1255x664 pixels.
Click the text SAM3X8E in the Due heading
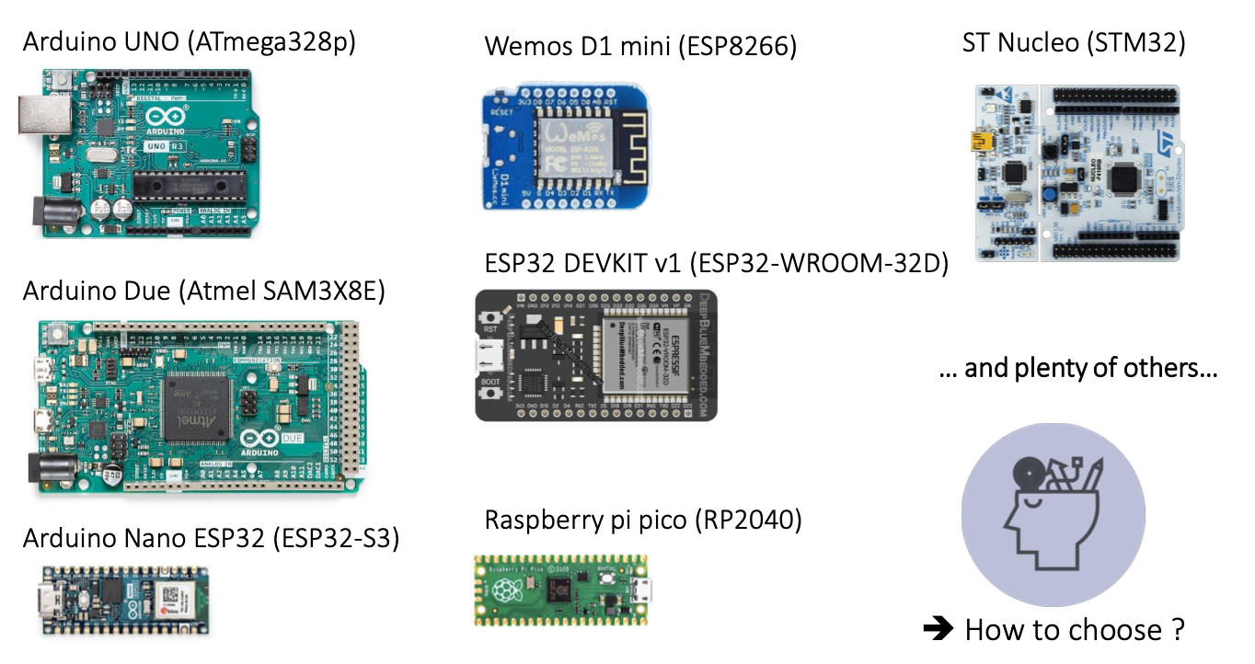pos(329,292)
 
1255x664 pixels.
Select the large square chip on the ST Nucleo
pos(1126,177)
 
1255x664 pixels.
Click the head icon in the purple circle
pos(1052,516)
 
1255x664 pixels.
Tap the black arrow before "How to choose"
pos(938,629)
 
